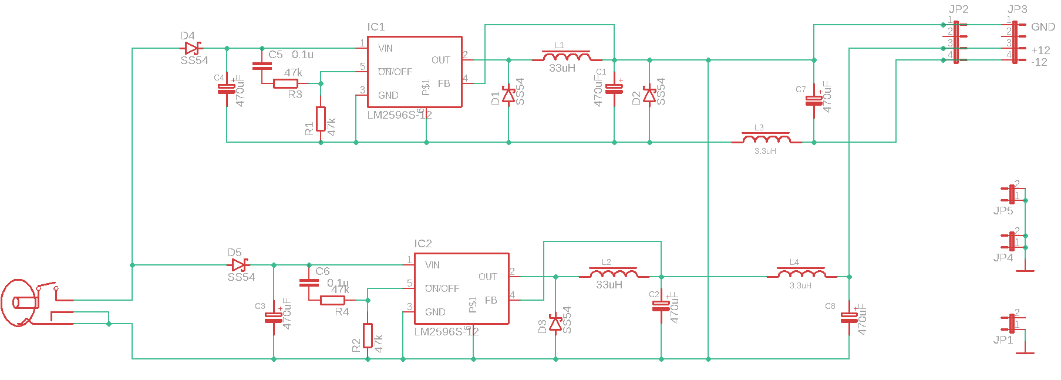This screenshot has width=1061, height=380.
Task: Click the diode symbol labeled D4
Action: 191,48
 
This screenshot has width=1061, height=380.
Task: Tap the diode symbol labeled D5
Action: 238,265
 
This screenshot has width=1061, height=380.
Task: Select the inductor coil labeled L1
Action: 567,58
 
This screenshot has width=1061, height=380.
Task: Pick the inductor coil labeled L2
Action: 614,274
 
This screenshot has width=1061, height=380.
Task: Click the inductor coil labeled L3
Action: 766,140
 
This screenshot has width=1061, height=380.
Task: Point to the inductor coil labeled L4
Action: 801,274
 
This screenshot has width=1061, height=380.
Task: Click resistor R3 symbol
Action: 285,83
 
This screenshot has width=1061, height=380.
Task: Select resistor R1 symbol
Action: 321,119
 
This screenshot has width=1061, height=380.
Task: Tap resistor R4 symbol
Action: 332,300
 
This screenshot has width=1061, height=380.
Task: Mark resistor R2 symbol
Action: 368,335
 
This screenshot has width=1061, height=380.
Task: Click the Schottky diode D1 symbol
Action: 508,95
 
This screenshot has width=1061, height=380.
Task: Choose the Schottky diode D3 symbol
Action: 555,323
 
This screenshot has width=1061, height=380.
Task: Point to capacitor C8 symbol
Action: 849,317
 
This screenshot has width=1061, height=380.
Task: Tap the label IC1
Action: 376,27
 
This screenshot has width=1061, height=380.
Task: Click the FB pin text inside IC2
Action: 491,300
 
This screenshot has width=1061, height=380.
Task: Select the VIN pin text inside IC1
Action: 386,48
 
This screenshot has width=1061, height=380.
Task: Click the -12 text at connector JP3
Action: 1039,62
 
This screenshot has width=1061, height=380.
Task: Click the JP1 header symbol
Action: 1012,324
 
